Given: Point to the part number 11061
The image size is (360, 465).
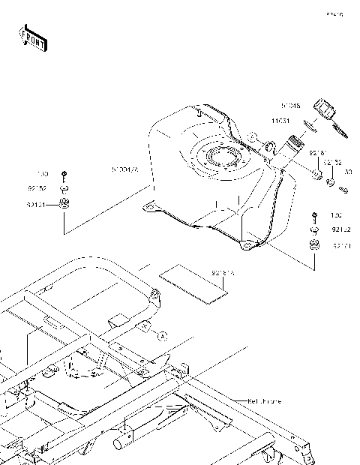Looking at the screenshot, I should click(x=280, y=120).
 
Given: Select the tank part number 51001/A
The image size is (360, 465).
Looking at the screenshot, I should click(x=124, y=170).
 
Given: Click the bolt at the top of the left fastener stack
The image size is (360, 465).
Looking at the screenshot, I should click(x=64, y=175).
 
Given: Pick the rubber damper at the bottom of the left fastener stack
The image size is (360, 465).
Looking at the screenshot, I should click(x=64, y=203).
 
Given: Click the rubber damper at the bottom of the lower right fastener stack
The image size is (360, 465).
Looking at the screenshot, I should click(x=314, y=244).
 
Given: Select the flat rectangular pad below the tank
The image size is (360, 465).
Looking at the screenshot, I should click(x=190, y=280).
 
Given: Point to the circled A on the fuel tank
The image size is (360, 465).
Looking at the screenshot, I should click(x=253, y=137).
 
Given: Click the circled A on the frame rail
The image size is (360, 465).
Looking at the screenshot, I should click(x=160, y=337).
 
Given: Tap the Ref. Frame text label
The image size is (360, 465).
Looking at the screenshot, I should click(x=264, y=401).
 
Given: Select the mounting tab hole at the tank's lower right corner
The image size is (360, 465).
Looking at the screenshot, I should click(x=245, y=245).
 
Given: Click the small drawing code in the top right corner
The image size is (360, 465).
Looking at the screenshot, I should click(x=334, y=13).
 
